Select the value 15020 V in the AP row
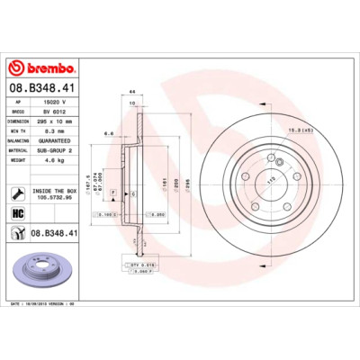click(56, 103)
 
